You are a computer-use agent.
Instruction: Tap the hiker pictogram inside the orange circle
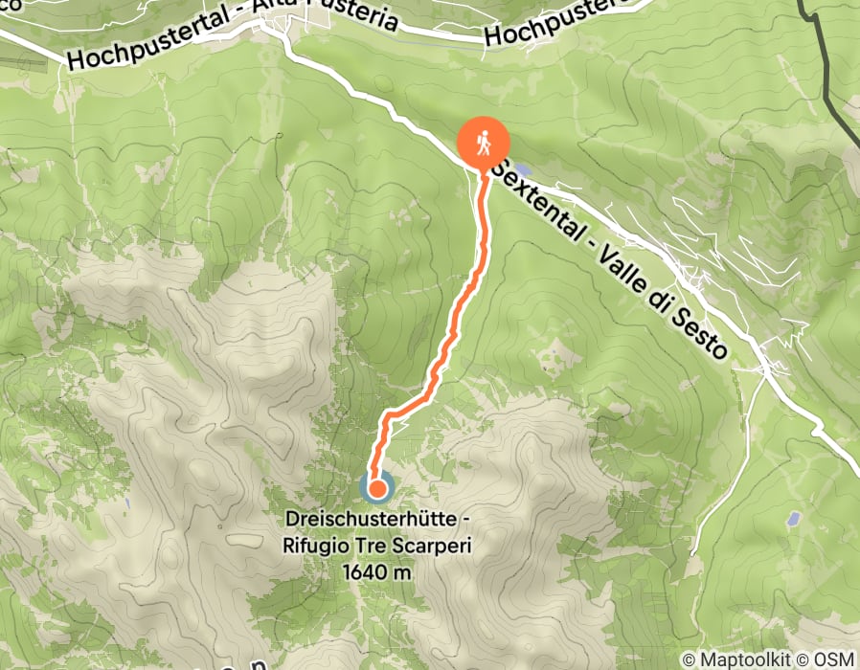(x=483, y=142)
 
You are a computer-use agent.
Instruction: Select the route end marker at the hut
(x=376, y=489)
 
